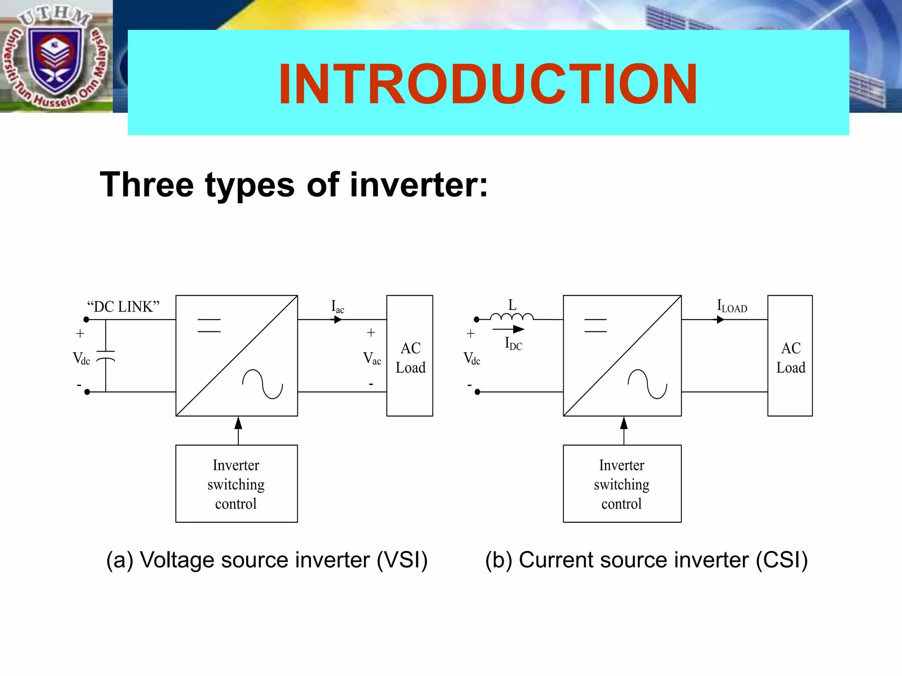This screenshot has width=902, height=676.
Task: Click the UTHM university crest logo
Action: (55, 57)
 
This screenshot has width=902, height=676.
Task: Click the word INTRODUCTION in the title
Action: (488, 84)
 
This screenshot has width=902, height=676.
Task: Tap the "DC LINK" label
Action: (123, 307)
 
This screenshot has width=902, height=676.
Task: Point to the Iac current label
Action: (337, 306)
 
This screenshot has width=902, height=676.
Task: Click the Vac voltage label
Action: (372, 359)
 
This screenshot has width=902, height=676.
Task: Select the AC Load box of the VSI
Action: (410, 356)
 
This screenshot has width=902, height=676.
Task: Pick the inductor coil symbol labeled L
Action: (512, 316)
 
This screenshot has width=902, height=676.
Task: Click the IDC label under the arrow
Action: (513, 343)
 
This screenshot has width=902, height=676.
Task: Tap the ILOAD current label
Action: (732, 306)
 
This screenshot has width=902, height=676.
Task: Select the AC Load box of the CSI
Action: (790, 356)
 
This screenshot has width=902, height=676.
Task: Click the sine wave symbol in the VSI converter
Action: (262, 384)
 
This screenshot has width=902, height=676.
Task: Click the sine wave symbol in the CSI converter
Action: (647, 384)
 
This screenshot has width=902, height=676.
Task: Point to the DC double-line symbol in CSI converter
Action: (595, 325)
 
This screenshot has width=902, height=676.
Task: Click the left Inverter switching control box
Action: (237, 484)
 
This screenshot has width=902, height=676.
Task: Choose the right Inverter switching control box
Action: (622, 484)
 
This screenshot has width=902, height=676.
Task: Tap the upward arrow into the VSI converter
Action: (238, 429)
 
